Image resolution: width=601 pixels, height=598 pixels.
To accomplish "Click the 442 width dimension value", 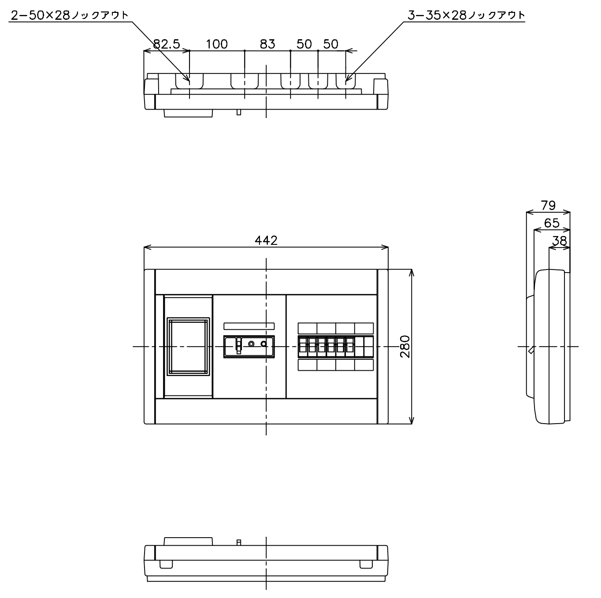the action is coord(266,240).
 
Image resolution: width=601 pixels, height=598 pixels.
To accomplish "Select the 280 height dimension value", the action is coord(405,347).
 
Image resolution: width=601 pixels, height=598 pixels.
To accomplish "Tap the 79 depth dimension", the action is coord(548,206).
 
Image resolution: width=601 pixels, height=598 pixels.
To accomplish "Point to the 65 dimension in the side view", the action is coord(552,223).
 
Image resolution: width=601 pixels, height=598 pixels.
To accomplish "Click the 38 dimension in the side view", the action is coord(560,241).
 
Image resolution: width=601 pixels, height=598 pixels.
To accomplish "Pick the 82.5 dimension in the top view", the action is coord(167,44).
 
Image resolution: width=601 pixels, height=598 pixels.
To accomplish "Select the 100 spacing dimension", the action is coord(217,44).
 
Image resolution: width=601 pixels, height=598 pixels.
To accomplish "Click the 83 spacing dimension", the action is coord(267,44).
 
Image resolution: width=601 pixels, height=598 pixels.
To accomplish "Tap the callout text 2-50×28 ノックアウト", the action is coord(70,15).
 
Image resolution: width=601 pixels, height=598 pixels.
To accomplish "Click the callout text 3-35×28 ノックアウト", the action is coord(466,15).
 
